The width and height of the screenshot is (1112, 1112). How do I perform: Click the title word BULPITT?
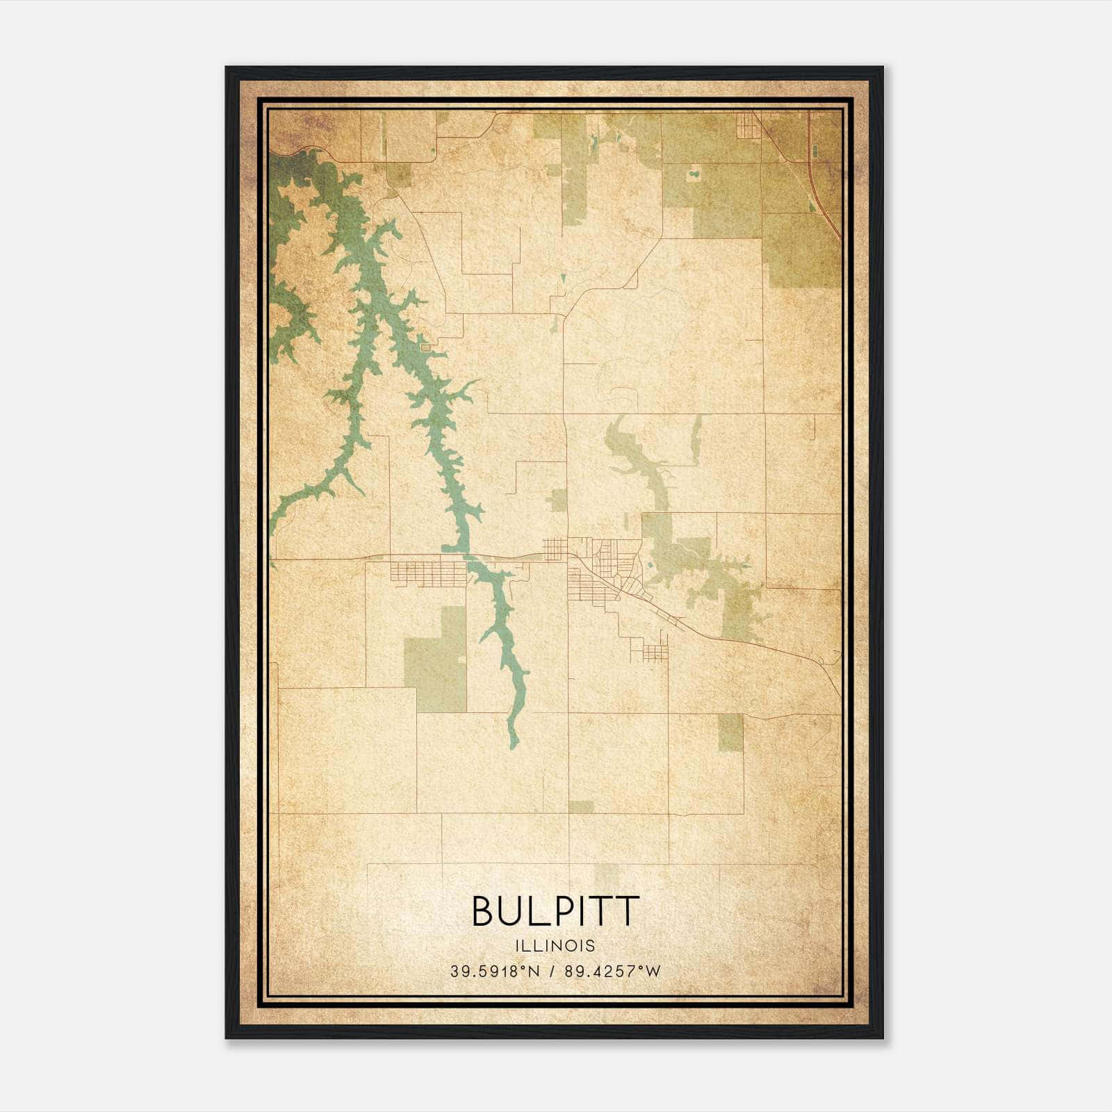555,911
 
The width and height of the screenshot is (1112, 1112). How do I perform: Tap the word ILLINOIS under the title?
555,946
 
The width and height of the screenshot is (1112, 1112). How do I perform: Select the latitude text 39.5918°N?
494,972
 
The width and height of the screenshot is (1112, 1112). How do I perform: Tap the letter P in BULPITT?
557,911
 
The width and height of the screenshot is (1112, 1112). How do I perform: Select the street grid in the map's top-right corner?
749,125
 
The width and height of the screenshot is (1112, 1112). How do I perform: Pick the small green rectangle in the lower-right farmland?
730,732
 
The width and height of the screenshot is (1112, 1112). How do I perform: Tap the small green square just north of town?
559,499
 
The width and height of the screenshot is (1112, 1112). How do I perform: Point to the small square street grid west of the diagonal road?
555,549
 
